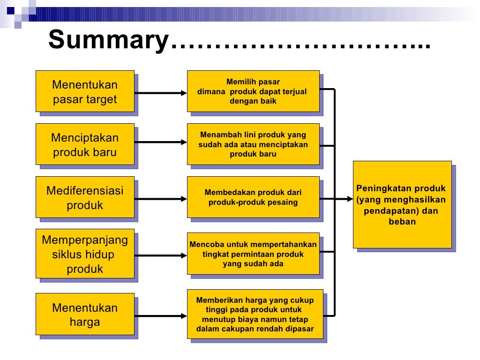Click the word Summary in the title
pos(107,40)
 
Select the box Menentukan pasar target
pos(85,91)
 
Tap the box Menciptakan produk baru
pos(85,144)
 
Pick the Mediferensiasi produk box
pos(85,197)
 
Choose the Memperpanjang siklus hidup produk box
pos(85,254)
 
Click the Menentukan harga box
pos(85,315)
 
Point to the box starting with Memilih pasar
pos(253,91)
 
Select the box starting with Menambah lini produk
pos(253,144)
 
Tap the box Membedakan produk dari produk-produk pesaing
pos(253,197)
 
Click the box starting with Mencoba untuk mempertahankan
pos(253,254)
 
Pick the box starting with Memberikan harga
pos(255,314)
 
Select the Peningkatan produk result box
pos(402,204)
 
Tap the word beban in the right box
pos(402,222)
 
